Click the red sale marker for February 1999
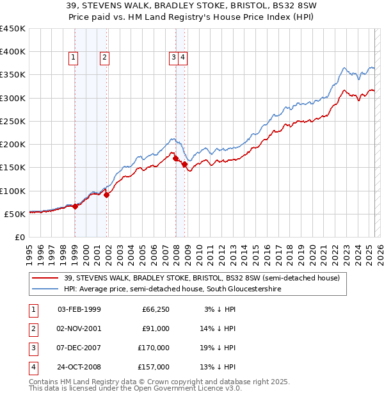coord(75,206)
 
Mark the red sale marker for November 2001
coord(106,195)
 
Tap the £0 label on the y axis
coord(19,237)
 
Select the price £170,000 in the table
coord(154,348)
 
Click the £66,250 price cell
coord(156,310)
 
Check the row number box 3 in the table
coord(31,348)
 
